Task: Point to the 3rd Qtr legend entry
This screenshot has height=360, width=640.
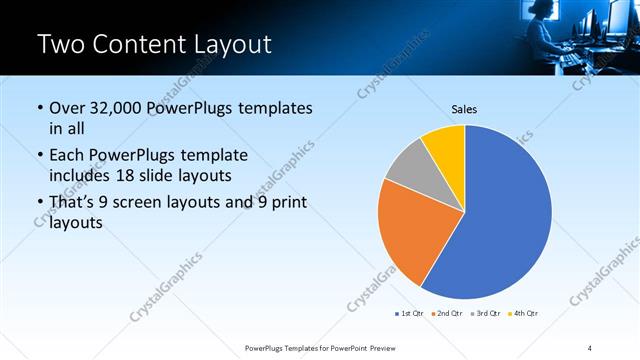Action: point(485,313)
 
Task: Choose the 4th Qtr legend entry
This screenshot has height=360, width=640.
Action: point(524,313)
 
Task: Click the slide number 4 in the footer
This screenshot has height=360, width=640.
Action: point(590,347)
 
